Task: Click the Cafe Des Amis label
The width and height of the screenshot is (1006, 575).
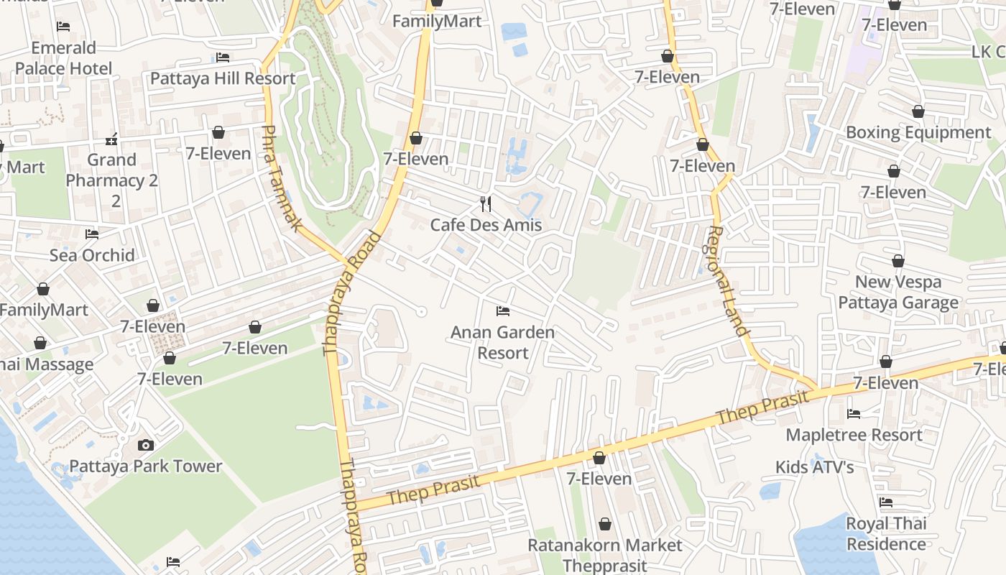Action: click(486, 225)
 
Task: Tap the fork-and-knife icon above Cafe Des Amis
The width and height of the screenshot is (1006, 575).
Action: click(486, 204)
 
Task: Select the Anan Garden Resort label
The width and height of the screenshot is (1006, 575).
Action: click(503, 342)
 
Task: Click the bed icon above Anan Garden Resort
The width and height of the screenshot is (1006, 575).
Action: click(503, 311)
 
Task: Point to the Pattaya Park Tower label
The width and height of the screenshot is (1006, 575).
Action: click(146, 466)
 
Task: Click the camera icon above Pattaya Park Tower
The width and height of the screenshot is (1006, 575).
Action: click(146, 445)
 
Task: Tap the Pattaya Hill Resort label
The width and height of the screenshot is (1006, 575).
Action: click(223, 78)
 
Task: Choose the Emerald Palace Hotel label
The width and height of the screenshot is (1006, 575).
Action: click(64, 58)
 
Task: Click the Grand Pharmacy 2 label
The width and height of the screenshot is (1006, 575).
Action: click(112, 170)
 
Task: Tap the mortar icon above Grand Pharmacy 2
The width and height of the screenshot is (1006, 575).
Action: click(111, 138)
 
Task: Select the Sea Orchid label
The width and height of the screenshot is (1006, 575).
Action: click(92, 255)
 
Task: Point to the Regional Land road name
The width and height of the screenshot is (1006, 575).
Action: click(728, 280)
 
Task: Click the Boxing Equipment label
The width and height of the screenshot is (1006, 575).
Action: click(918, 132)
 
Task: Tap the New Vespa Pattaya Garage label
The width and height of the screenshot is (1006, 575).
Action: click(898, 292)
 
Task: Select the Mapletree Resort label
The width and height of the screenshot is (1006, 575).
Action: click(854, 435)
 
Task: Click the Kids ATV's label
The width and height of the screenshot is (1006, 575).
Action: click(814, 467)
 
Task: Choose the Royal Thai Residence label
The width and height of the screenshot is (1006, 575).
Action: click(886, 533)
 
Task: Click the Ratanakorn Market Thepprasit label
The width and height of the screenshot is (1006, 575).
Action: click(605, 555)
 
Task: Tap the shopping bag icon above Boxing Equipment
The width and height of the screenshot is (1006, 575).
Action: click(918, 111)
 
